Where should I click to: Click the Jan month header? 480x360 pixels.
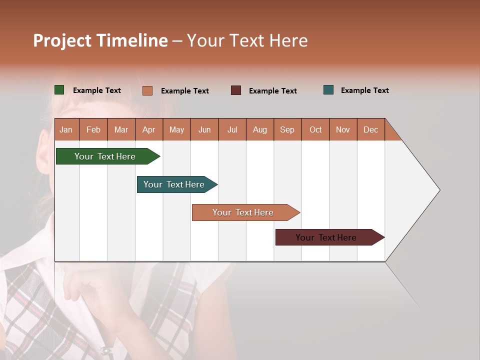66,129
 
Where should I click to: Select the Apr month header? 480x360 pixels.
148,129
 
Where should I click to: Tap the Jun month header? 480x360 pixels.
204,129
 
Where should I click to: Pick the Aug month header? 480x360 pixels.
259,129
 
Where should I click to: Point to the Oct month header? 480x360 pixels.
315,129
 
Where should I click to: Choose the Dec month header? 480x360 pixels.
370,129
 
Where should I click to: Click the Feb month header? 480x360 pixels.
93,129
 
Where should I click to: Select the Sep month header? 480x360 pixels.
287,129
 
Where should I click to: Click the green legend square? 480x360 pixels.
59,90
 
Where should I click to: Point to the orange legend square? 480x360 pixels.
147,90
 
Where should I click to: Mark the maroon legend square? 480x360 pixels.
236,90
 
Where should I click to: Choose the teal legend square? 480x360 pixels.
328,90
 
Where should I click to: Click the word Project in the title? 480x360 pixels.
62,40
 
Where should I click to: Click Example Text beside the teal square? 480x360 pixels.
364,90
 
